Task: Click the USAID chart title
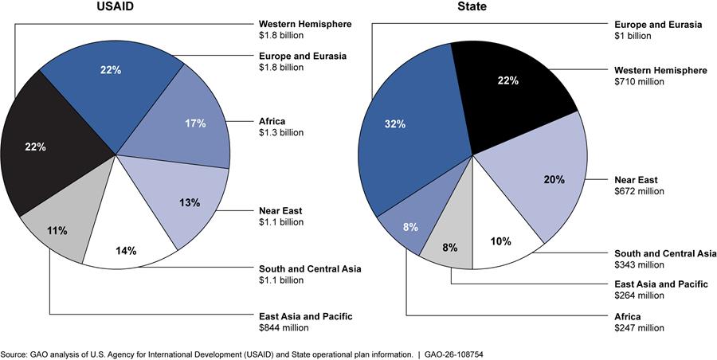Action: (x=116, y=9)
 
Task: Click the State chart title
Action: (x=473, y=9)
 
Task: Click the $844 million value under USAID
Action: (x=284, y=327)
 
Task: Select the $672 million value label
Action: (x=640, y=191)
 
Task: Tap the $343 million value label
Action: (x=640, y=265)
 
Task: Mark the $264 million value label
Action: (x=640, y=295)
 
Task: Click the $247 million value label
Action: (x=640, y=327)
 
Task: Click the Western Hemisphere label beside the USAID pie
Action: (x=305, y=24)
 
